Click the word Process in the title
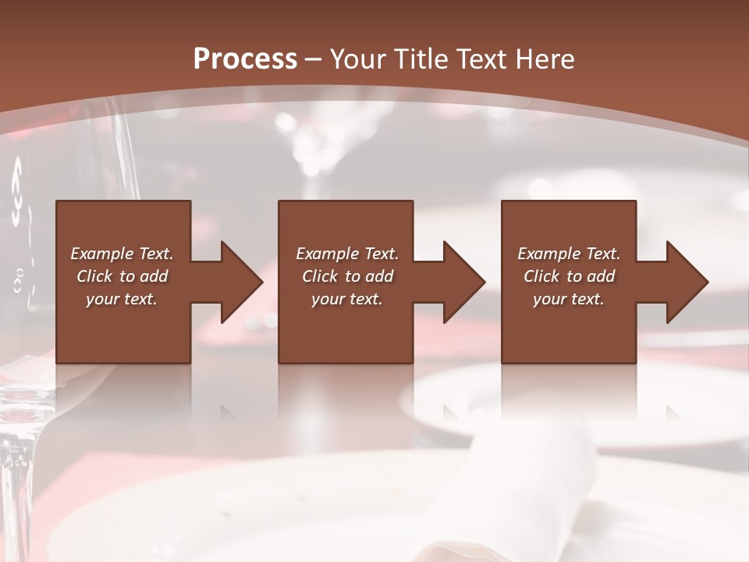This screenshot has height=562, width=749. [x=245, y=59]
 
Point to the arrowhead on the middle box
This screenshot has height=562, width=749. [x=463, y=282]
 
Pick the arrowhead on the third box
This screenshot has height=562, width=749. [x=687, y=282]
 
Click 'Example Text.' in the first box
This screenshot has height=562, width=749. [x=122, y=254]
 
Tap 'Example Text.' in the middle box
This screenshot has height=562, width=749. [x=347, y=254]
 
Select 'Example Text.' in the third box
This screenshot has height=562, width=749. [x=569, y=254]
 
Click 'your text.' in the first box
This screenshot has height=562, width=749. [x=122, y=299]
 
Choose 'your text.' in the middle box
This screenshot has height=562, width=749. [x=347, y=299]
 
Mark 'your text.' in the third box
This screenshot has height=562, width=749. [x=569, y=299]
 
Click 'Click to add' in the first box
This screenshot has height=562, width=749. [x=122, y=276]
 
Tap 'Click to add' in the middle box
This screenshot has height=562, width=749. [x=347, y=276]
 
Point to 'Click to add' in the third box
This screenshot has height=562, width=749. [x=569, y=276]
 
